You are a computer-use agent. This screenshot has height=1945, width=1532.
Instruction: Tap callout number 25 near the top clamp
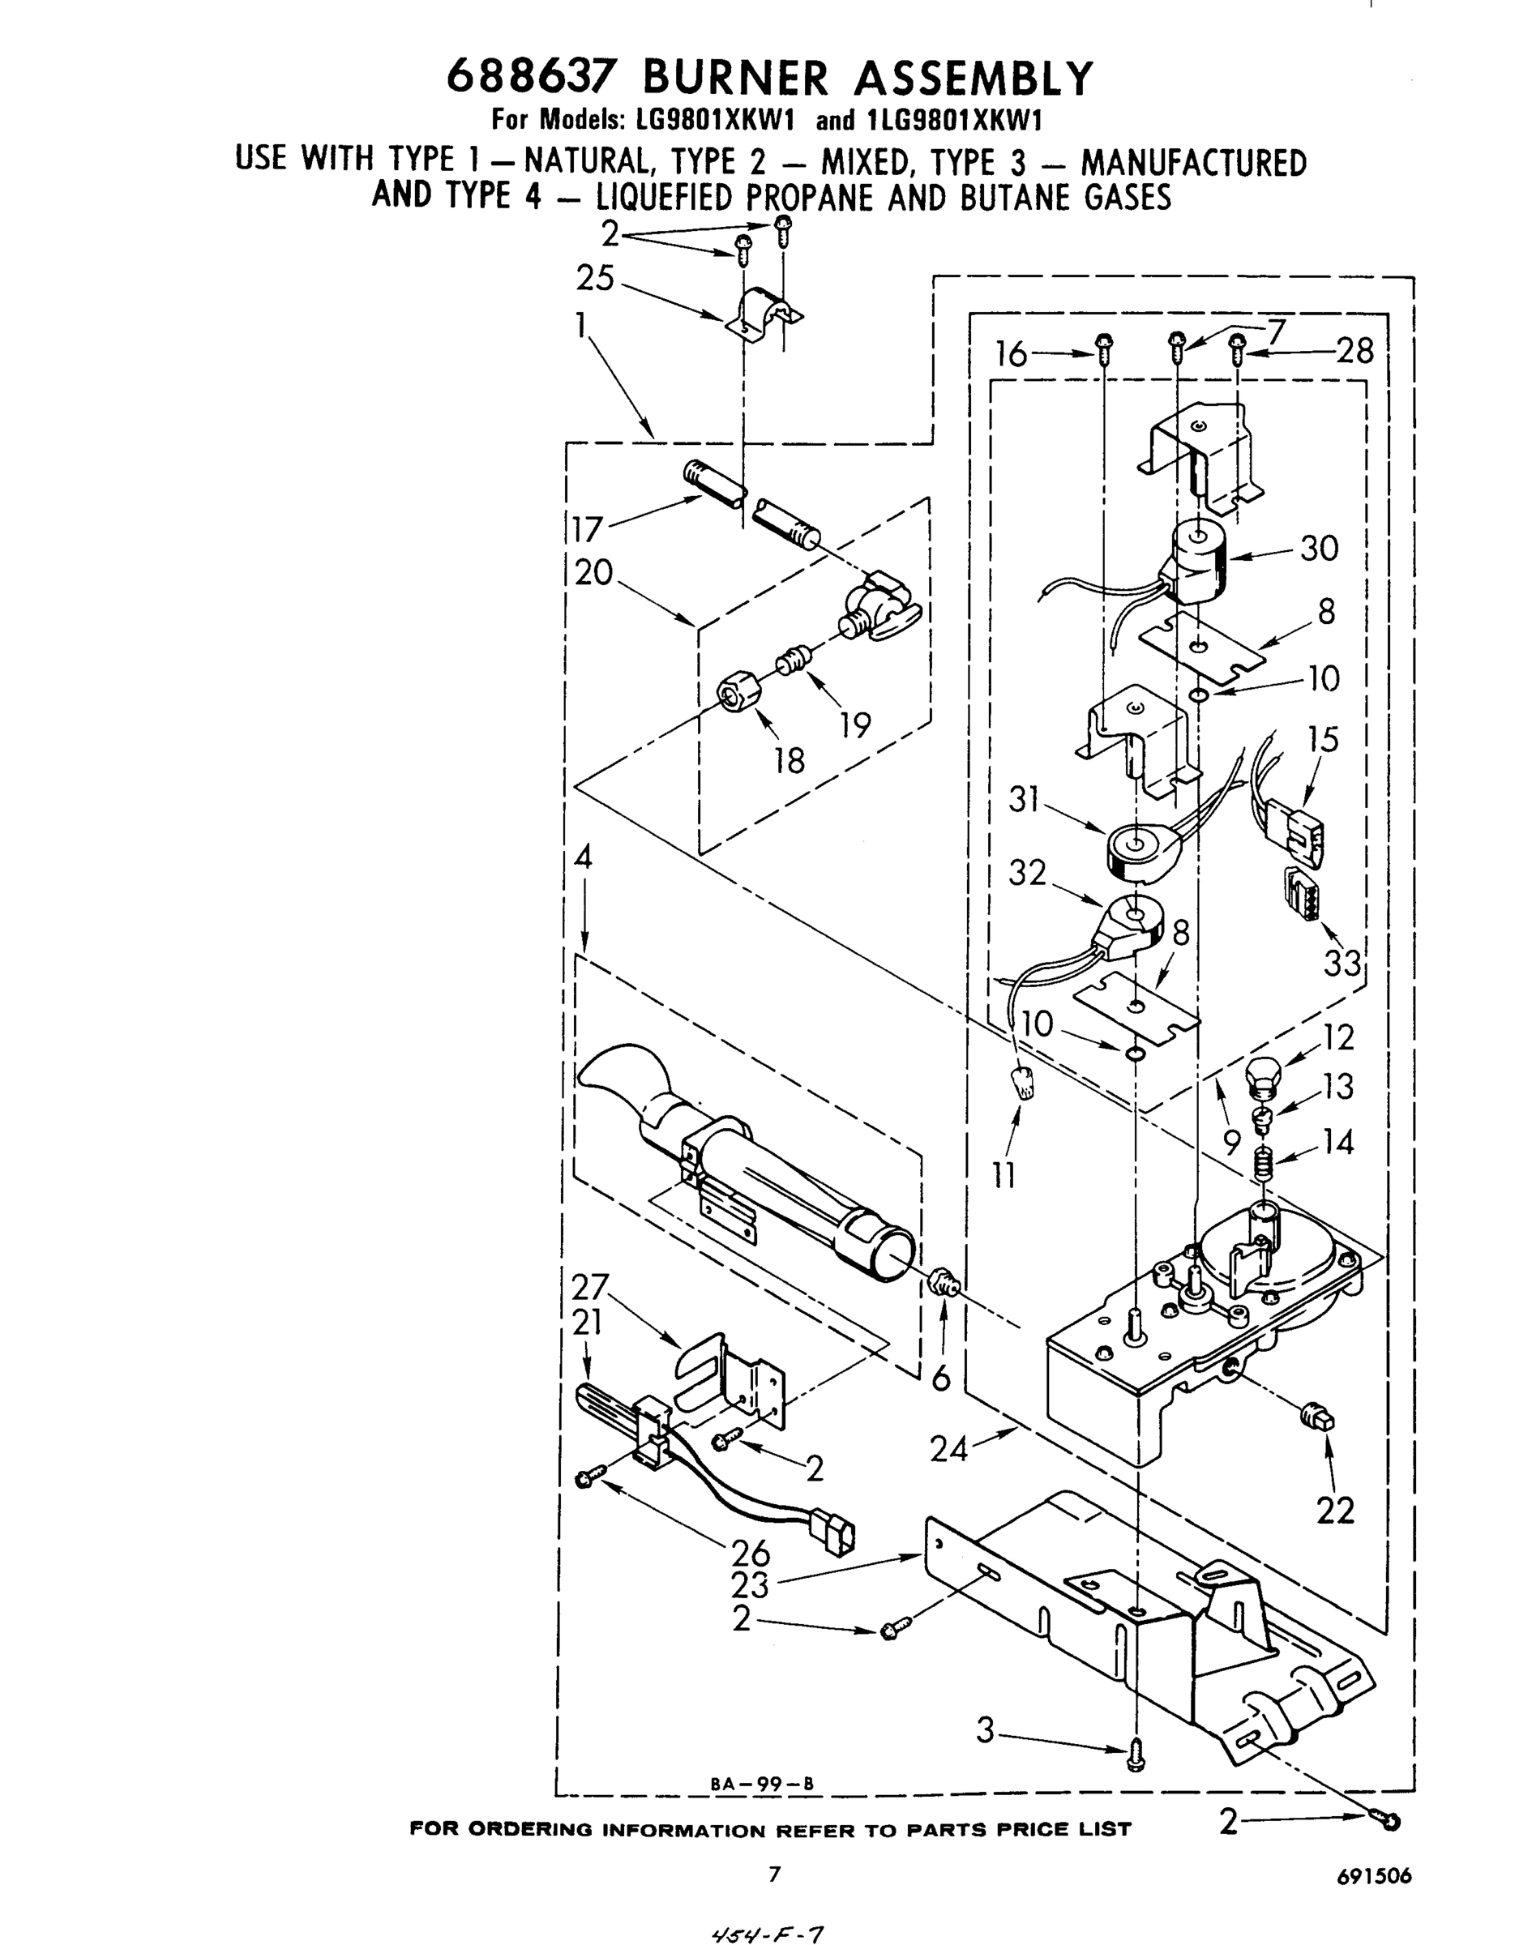coord(595,279)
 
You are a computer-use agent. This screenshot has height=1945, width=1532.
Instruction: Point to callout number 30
coord(1319,548)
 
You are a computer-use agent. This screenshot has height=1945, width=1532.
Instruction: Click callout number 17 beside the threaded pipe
coord(588,529)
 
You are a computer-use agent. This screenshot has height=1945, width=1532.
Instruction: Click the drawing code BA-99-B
coord(761,1784)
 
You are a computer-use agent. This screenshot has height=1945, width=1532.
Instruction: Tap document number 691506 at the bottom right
coord(1374,1876)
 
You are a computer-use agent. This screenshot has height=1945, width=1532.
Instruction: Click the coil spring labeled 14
coord(1263,1165)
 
